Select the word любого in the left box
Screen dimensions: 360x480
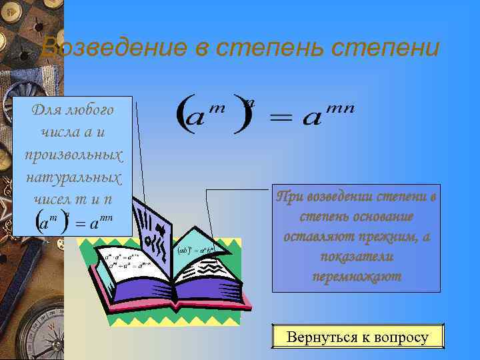(89, 109)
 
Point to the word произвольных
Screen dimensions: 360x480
(73, 154)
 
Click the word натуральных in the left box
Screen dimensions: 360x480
(73, 177)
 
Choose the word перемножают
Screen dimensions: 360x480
(357, 277)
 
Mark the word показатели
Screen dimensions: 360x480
(357, 257)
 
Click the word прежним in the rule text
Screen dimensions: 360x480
(387, 237)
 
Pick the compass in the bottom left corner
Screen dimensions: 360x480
(30, 333)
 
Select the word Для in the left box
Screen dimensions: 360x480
(45, 109)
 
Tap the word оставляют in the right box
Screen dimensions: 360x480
(315, 237)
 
